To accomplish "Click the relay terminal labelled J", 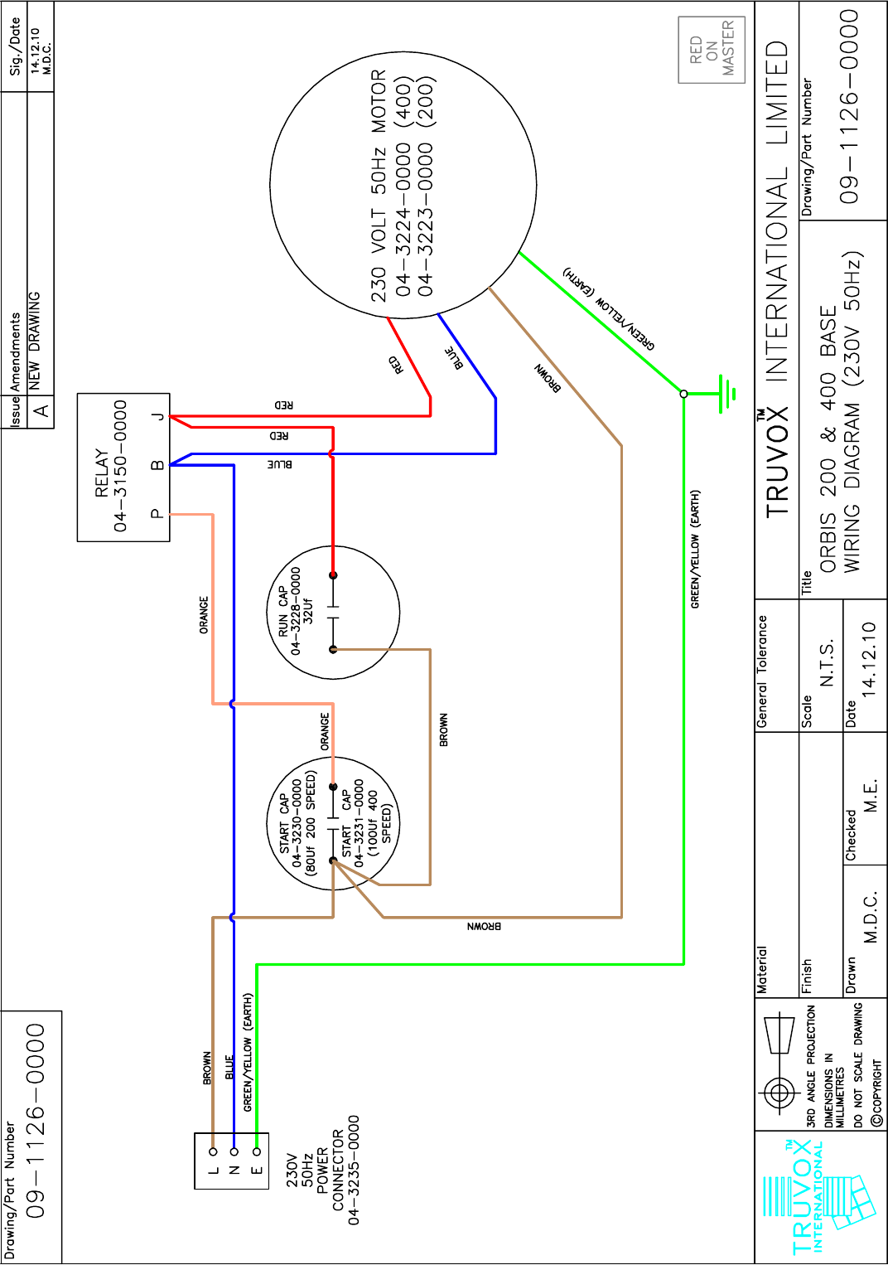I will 157,416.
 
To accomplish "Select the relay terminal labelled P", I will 157,514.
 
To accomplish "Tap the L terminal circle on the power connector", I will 213,1151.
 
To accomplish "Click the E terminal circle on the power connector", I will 257,1151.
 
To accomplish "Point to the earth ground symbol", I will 726,393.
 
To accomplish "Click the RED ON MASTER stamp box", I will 712,50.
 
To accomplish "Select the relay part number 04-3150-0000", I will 121,466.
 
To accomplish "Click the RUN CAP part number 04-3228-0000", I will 296,611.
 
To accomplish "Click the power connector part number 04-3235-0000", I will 354,1169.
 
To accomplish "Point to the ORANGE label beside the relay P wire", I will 204,615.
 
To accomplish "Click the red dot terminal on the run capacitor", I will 333,574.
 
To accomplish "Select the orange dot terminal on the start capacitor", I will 333,787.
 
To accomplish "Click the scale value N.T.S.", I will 827,664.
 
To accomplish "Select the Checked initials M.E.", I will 871,796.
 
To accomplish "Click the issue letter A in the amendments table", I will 41,411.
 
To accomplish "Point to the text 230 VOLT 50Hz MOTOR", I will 379,186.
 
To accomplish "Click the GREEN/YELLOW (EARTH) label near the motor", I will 609,308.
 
